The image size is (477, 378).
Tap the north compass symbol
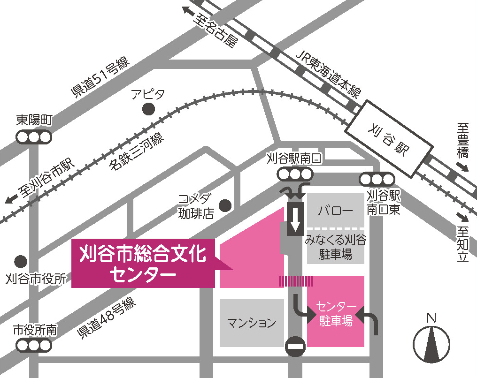click(431, 342)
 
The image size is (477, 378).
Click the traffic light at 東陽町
click(34, 137)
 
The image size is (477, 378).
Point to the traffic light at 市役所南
click(34, 346)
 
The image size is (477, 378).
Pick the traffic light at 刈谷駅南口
click(294, 174)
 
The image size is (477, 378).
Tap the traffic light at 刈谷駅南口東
click(376, 179)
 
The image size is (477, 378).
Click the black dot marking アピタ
click(148, 109)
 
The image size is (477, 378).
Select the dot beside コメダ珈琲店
click(226, 205)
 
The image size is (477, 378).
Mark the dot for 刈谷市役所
click(20, 261)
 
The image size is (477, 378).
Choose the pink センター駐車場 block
click(336, 311)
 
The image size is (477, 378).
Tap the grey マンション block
click(252, 323)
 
